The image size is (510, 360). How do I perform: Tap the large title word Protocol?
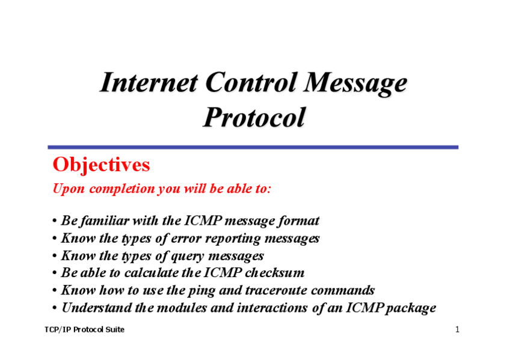[x=254, y=118]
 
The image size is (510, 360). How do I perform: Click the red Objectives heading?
[x=101, y=165]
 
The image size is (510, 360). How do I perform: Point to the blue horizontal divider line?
[x=253, y=147]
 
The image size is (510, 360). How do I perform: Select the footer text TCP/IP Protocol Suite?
[x=85, y=329]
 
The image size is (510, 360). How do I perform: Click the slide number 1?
[x=457, y=329]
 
